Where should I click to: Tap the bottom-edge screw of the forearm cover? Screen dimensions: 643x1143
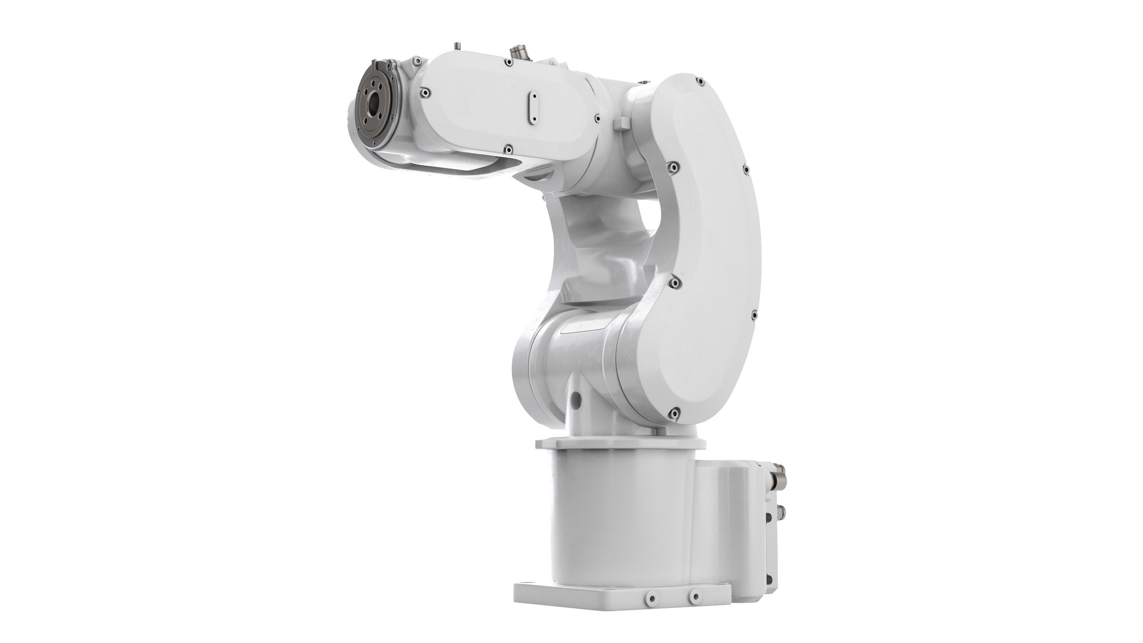coord(508,148)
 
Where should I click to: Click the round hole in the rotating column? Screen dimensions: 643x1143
coord(574,396)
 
